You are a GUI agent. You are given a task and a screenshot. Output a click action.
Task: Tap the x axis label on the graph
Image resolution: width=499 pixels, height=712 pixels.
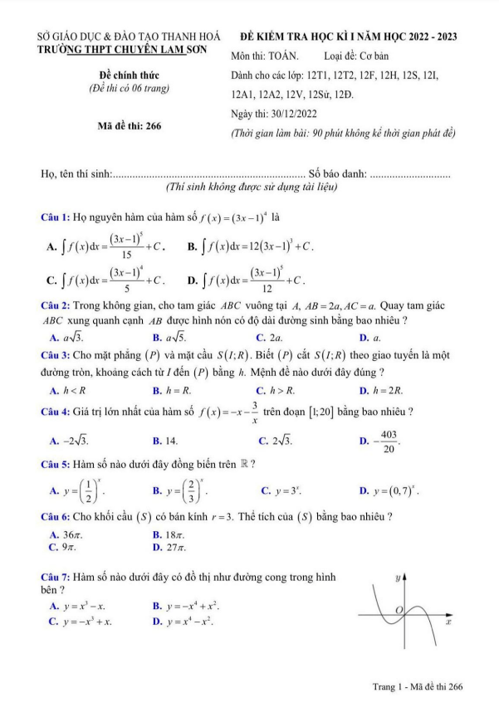tap(448, 622)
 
